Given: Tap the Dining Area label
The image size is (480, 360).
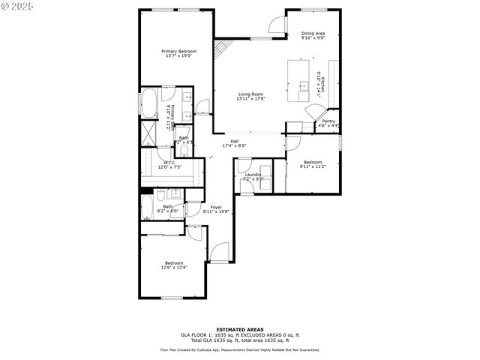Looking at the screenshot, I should pos(313,33).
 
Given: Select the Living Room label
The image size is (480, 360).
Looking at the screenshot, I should pos(250,94).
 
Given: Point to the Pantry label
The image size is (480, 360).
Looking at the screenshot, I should pos(328,121).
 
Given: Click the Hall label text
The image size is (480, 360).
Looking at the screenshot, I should pos(234,141).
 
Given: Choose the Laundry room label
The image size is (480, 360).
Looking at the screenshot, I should pos(253,174).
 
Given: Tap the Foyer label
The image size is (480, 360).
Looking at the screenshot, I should pos(215,207).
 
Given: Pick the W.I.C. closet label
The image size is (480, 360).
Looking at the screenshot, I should pos(169,162).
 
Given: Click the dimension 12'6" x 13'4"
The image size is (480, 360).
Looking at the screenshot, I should pos(174,267).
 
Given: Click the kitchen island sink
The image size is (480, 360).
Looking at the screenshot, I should pos(303,85).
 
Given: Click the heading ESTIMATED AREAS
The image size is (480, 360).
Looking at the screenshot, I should pos(239,329).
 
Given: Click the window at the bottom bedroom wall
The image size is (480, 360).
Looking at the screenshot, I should pos(173,298).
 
